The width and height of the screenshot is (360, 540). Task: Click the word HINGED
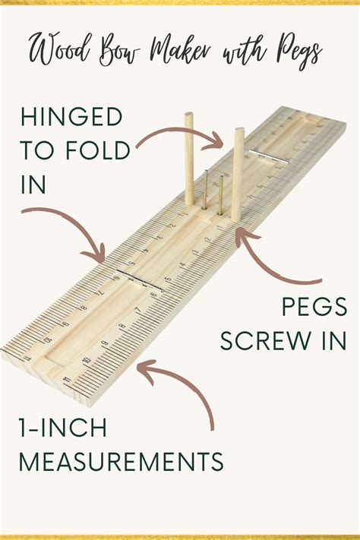(71, 117)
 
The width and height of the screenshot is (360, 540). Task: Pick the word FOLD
(97, 150)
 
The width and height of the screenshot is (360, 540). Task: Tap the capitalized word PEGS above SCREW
(314, 307)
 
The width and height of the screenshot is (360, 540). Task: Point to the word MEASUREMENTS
(122, 462)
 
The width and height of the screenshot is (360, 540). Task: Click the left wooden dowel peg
(189, 159)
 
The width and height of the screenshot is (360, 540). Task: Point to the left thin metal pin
(205, 189)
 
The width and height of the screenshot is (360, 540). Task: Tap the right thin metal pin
(220, 195)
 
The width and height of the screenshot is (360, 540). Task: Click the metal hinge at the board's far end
(270, 156)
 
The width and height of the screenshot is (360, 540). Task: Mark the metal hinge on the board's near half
(140, 279)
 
